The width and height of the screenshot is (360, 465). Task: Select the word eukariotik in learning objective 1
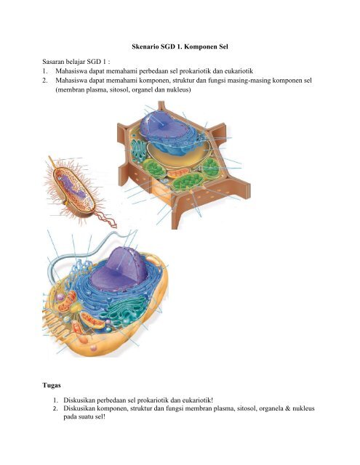(239, 71)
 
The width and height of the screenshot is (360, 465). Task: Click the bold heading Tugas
(52, 386)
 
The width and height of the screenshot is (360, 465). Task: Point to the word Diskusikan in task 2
(79, 408)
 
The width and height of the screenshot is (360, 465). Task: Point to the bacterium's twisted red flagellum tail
(106, 219)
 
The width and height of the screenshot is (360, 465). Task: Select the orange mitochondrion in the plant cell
(177, 173)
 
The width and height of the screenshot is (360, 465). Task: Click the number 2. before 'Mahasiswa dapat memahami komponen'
(45, 81)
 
